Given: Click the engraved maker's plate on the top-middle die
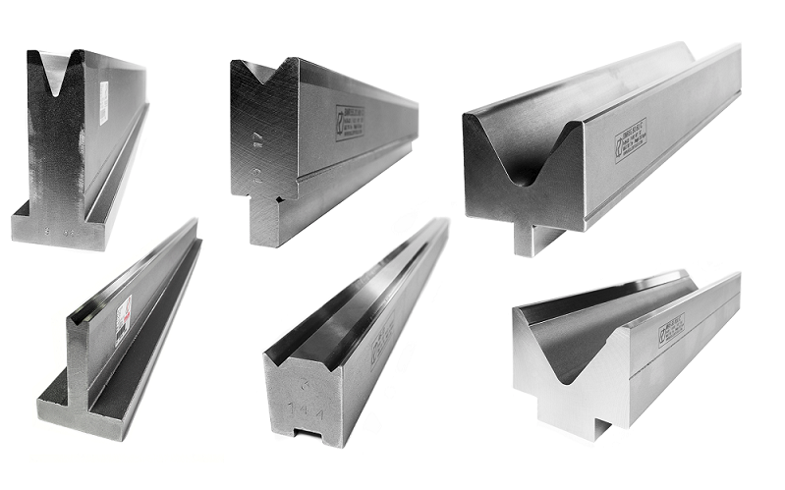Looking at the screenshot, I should [350, 123].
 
